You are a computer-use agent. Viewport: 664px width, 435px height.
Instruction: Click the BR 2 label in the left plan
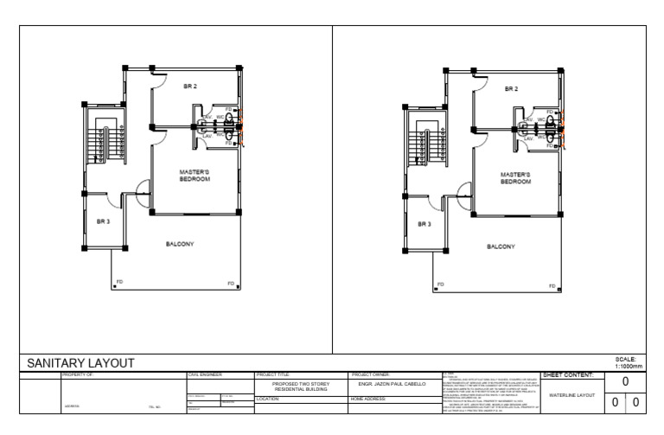coord(190,86)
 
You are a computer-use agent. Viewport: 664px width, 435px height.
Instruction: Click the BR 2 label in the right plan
coord(511,88)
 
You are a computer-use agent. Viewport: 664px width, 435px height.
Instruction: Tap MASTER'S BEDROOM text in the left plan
coord(195,175)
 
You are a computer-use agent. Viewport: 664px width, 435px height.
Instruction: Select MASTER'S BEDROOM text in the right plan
coord(514,178)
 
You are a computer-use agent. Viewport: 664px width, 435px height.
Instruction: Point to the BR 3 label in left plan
coord(103,221)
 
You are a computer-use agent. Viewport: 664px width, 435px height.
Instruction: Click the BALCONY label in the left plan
coord(180,243)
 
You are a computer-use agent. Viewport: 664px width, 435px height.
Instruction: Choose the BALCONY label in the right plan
coord(501,246)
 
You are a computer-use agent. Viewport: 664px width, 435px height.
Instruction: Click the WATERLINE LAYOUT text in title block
coord(568,395)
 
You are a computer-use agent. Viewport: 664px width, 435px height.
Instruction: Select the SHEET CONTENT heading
coord(567,374)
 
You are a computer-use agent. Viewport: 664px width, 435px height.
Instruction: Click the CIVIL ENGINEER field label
coord(206,374)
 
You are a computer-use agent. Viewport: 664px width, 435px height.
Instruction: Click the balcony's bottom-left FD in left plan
coord(120,283)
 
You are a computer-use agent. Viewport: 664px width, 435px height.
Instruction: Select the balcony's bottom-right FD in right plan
coord(551,285)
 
